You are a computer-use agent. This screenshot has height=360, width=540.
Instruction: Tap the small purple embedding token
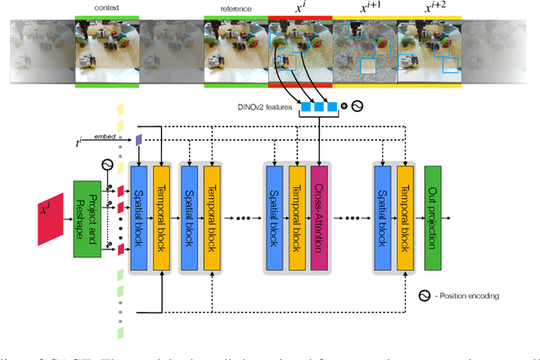point(138,138)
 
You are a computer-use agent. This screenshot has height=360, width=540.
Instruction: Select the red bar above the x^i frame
point(300,17)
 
